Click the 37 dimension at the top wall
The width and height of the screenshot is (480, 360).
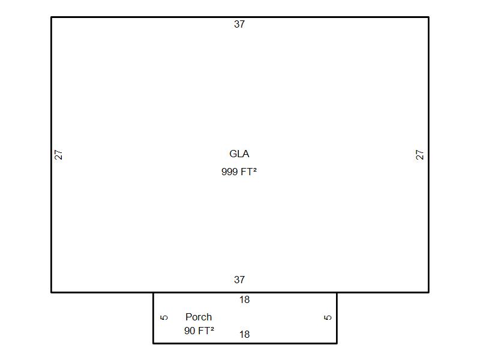coord(239,24)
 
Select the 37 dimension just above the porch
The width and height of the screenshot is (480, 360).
coord(239,280)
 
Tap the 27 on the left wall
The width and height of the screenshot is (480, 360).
coord(58,155)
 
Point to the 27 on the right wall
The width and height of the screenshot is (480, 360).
coord(419,155)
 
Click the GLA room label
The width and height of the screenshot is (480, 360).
coord(239,154)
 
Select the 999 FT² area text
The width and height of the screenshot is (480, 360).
coord(239,172)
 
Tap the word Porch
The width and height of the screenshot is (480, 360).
coord(199,317)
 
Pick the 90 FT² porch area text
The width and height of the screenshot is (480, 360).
coord(199,331)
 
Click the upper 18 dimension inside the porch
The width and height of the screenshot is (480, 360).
coord(245,299)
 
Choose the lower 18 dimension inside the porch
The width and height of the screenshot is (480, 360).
coord(245,334)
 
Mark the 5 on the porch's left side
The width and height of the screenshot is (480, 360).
coord(164,317)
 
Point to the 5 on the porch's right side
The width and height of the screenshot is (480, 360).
coord(328,317)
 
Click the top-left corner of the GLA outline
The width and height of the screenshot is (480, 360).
coord(52,17)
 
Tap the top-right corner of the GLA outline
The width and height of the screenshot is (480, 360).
coord(428,17)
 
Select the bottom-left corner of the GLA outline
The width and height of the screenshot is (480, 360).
coord(52,292)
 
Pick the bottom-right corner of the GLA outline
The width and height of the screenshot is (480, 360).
coord(428,292)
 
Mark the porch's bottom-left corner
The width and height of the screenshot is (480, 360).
coord(154,343)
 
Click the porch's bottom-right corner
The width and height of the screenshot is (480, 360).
coord(337,343)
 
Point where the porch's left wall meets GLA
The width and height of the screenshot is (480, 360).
coord(154,292)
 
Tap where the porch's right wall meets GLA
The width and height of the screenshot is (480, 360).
coord(337,292)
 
